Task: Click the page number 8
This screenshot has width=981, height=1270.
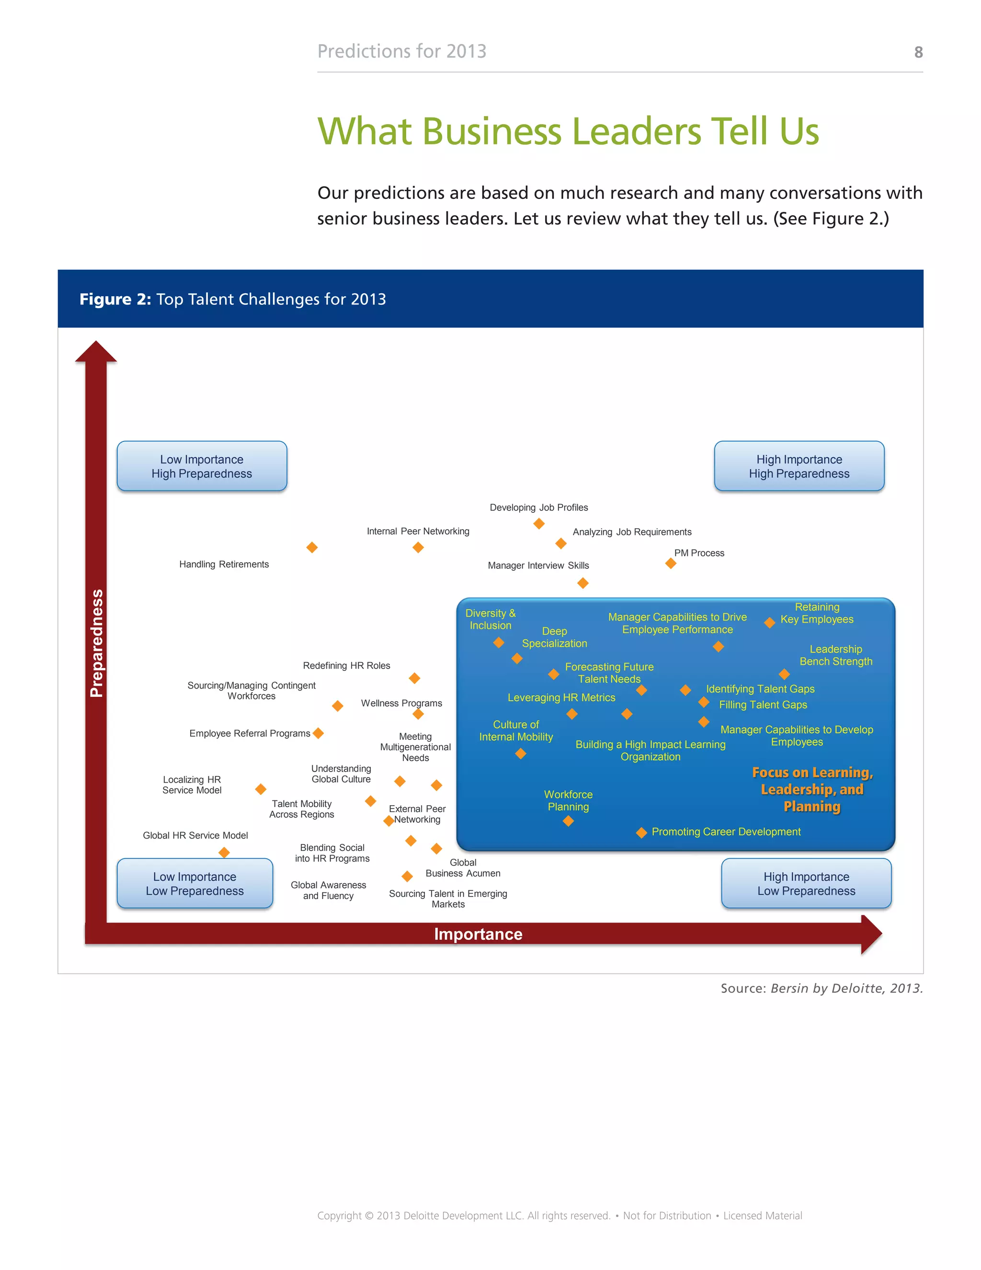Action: pos(918,52)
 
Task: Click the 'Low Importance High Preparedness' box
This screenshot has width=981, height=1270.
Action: pos(202,466)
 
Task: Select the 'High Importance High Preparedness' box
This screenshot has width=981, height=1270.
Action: pos(799,466)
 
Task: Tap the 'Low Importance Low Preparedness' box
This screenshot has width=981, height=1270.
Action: pos(194,883)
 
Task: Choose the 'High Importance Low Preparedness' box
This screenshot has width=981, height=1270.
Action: pos(806,883)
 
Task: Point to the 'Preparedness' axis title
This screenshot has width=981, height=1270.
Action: pos(96,643)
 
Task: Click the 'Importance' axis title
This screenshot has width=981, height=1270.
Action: pos(478,934)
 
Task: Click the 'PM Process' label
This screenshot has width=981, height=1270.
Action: pos(699,553)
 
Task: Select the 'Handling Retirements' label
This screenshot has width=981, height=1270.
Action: pos(224,564)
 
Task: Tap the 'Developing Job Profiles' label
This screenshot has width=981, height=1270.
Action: pos(539,508)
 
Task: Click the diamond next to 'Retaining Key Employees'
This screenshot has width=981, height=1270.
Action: pos(769,623)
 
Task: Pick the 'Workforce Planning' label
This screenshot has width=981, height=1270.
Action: pos(569,801)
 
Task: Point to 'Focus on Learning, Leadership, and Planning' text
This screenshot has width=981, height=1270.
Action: pos(812,789)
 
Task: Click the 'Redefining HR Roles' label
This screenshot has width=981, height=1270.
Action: pos(346,666)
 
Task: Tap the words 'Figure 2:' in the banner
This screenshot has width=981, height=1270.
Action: pos(115,299)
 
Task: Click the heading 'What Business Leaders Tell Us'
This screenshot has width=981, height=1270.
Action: pos(568,131)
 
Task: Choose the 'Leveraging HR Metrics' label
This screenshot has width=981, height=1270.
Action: pos(561,698)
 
